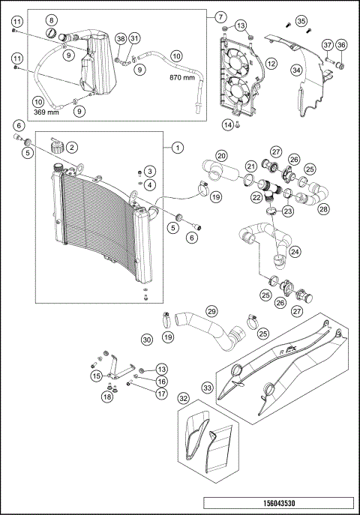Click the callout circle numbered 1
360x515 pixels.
coord(176,148)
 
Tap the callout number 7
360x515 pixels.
coord(220,16)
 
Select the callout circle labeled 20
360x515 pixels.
coord(221,156)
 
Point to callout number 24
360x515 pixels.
coord(295,253)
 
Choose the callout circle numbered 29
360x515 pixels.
coord(211,310)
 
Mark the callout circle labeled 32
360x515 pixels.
coord(184,400)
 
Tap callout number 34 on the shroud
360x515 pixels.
coord(297,70)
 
